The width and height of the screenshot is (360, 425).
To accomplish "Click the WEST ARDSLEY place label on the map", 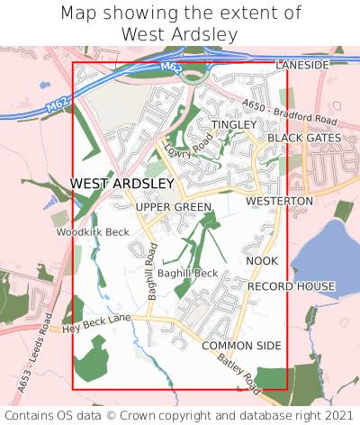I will coord(121,184).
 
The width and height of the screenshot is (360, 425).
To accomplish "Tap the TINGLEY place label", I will coord(233,124).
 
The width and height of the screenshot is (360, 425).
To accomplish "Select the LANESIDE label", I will coord(302,66).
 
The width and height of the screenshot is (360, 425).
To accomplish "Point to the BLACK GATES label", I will coord(304,138).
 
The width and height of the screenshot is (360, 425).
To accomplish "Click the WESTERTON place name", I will coord(279,201).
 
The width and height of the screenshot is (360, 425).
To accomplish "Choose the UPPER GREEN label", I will coord(174,208).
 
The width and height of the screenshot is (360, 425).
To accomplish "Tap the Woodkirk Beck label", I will coord(93,232).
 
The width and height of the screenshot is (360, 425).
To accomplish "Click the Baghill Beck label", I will coord(187,273).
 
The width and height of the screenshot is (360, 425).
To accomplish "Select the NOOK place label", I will coord(262,261).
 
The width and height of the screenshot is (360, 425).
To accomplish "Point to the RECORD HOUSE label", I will coord(291,286).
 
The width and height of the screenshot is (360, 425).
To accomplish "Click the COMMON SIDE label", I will coord(241,346).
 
